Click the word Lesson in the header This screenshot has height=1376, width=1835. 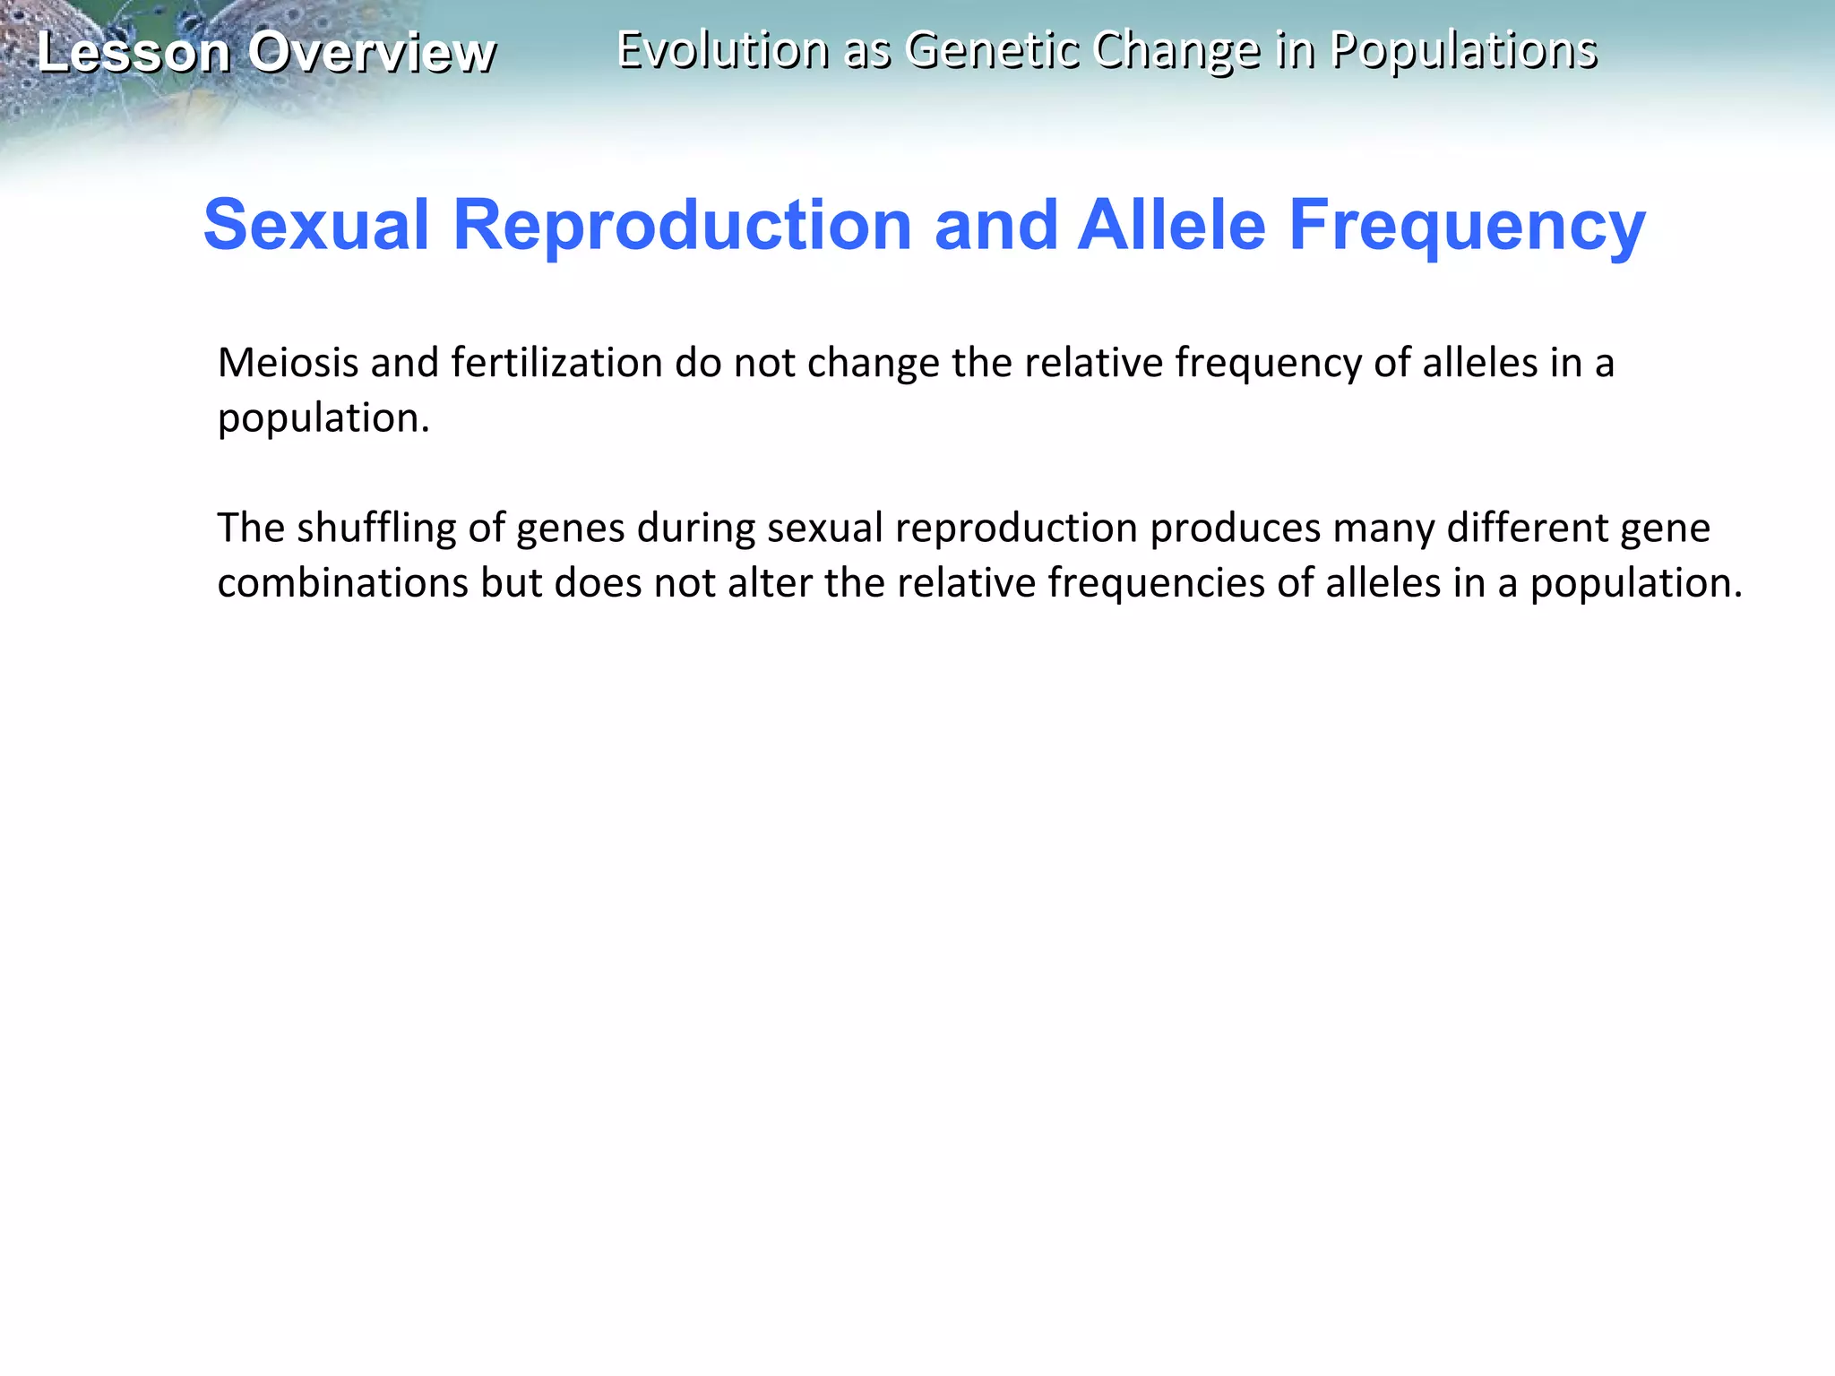(134, 52)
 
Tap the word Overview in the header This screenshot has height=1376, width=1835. (372, 52)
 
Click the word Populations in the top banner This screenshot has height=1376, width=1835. (1463, 49)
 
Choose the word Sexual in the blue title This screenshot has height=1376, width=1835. (316, 225)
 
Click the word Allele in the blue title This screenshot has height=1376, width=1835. (1172, 225)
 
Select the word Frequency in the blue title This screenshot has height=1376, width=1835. (1467, 225)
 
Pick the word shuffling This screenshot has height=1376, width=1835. (376, 528)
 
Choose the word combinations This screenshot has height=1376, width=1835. (343, 583)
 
